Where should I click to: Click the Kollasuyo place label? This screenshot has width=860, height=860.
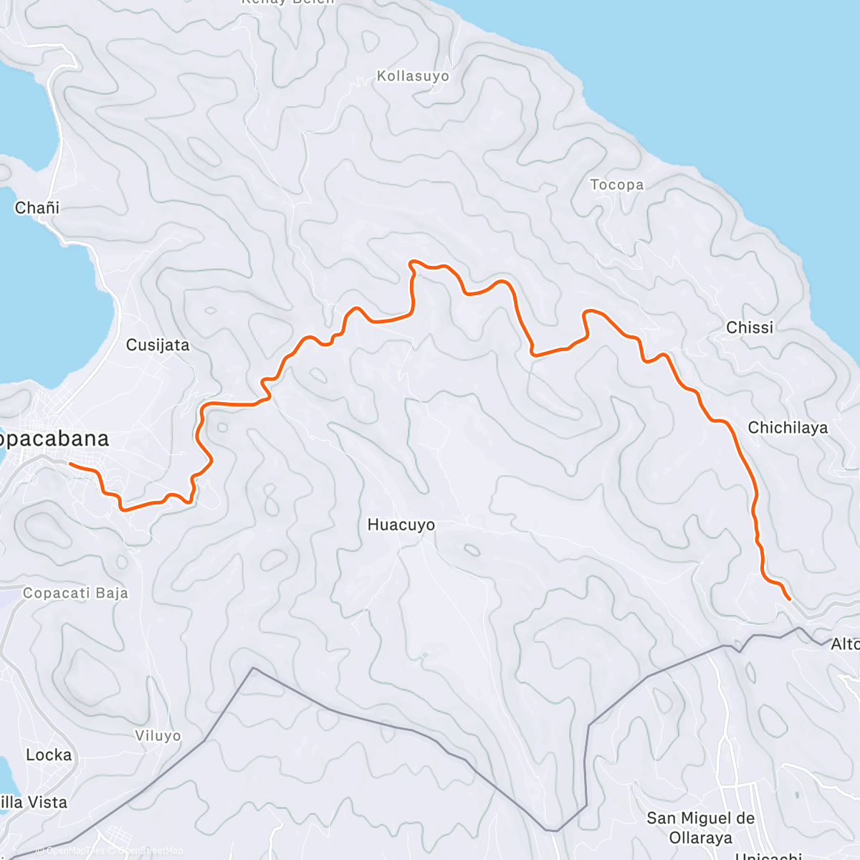click(413, 76)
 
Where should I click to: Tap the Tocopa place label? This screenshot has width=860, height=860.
click(616, 185)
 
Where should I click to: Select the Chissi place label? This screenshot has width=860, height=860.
click(750, 328)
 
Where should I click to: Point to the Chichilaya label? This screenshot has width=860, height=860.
click(788, 428)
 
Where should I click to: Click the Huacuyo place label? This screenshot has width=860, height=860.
click(401, 525)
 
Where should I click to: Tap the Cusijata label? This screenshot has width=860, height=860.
click(158, 345)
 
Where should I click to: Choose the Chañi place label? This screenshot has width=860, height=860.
click(37, 208)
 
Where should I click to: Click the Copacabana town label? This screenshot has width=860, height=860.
click(54, 439)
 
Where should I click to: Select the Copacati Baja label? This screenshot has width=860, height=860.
click(75, 593)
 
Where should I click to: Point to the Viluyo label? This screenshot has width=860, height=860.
click(158, 736)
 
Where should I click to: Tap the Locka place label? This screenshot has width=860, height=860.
click(49, 755)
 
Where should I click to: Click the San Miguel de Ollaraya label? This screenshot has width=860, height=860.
click(700, 828)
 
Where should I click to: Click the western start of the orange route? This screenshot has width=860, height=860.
click(70, 464)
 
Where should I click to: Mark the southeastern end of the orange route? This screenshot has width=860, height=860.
click(789, 598)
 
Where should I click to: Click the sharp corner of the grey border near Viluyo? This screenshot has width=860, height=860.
click(252, 668)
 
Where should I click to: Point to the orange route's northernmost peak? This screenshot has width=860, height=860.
click(411, 262)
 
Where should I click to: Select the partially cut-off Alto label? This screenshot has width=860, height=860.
click(845, 645)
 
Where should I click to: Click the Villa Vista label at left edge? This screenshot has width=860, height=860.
click(34, 803)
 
